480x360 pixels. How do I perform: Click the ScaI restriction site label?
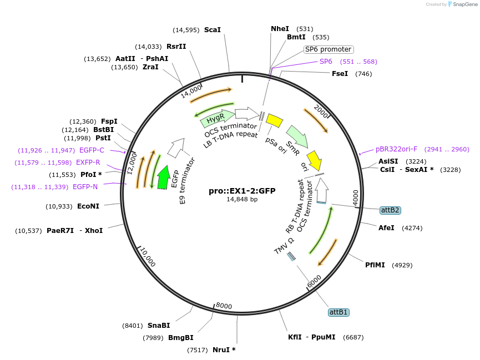pyautogui.click(x=213, y=30)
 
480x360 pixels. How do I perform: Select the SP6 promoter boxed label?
pyautogui.click(x=328, y=49)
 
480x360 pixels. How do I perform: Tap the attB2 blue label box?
pyautogui.click(x=390, y=210)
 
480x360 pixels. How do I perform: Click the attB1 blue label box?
pyautogui.click(x=338, y=312)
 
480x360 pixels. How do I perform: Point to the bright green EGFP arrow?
pyautogui.click(x=163, y=178)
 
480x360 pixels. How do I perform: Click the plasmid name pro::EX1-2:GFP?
pyautogui.click(x=242, y=191)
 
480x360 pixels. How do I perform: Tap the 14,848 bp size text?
pyautogui.click(x=242, y=199)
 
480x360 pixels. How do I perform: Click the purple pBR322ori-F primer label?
pyautogui.click(x=396, y=149)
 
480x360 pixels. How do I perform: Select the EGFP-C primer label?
pyautogui.click(x=92, y=150)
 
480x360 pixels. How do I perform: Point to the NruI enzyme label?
pyautogui.click(x=224, y=349)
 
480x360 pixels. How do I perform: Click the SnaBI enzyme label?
pyautogui.click(x=159, y=326)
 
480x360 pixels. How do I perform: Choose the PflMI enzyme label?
pyautogui.click(x=375, y=265)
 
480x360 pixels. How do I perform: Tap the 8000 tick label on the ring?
pyautogui.click(x=224, y=306)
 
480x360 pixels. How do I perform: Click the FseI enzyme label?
pyautogui.click(x=340, y=74)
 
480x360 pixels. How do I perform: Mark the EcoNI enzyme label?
pyautogui.click(x=88, y=206)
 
